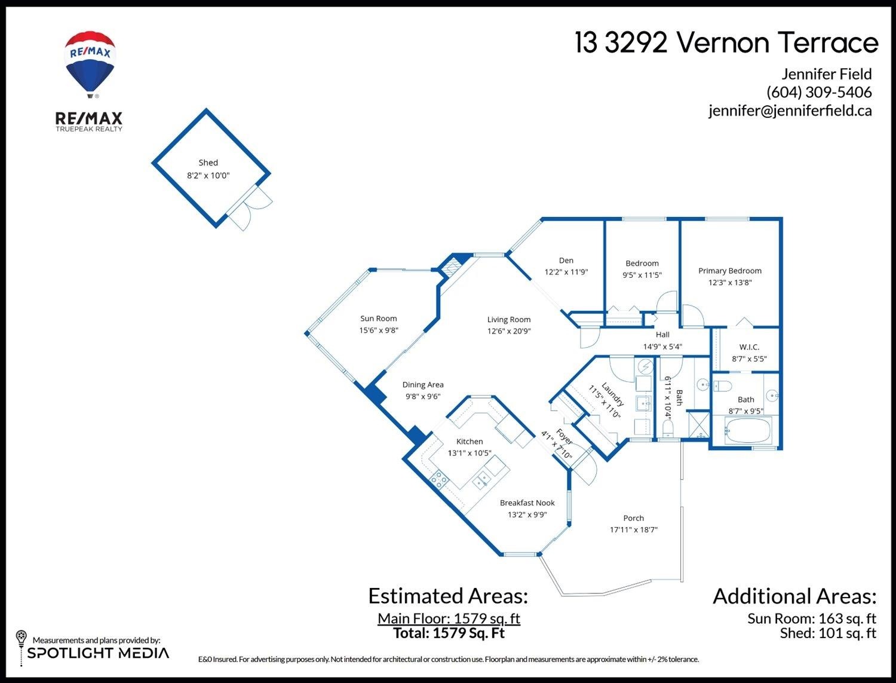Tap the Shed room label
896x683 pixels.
point(208,163)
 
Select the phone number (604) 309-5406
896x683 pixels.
point(819,92)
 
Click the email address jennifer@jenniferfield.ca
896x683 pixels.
point(790,111)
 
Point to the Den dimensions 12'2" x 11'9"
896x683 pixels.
point(566,272)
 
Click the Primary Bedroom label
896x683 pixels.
point(730,271)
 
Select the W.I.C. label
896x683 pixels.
point(749,347)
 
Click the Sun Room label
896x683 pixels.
point(378,318)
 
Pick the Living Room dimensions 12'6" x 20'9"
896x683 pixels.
point(509,331)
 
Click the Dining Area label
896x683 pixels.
point(423,385)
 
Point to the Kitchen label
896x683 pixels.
point(470,442)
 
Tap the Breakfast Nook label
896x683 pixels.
point(527,503)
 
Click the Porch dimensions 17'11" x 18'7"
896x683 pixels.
point(634,530)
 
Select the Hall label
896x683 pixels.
point(662,335)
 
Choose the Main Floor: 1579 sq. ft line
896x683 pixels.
point(449,618)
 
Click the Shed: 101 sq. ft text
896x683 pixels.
point(828,633)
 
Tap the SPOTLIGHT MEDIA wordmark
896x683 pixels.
point(99,653)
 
